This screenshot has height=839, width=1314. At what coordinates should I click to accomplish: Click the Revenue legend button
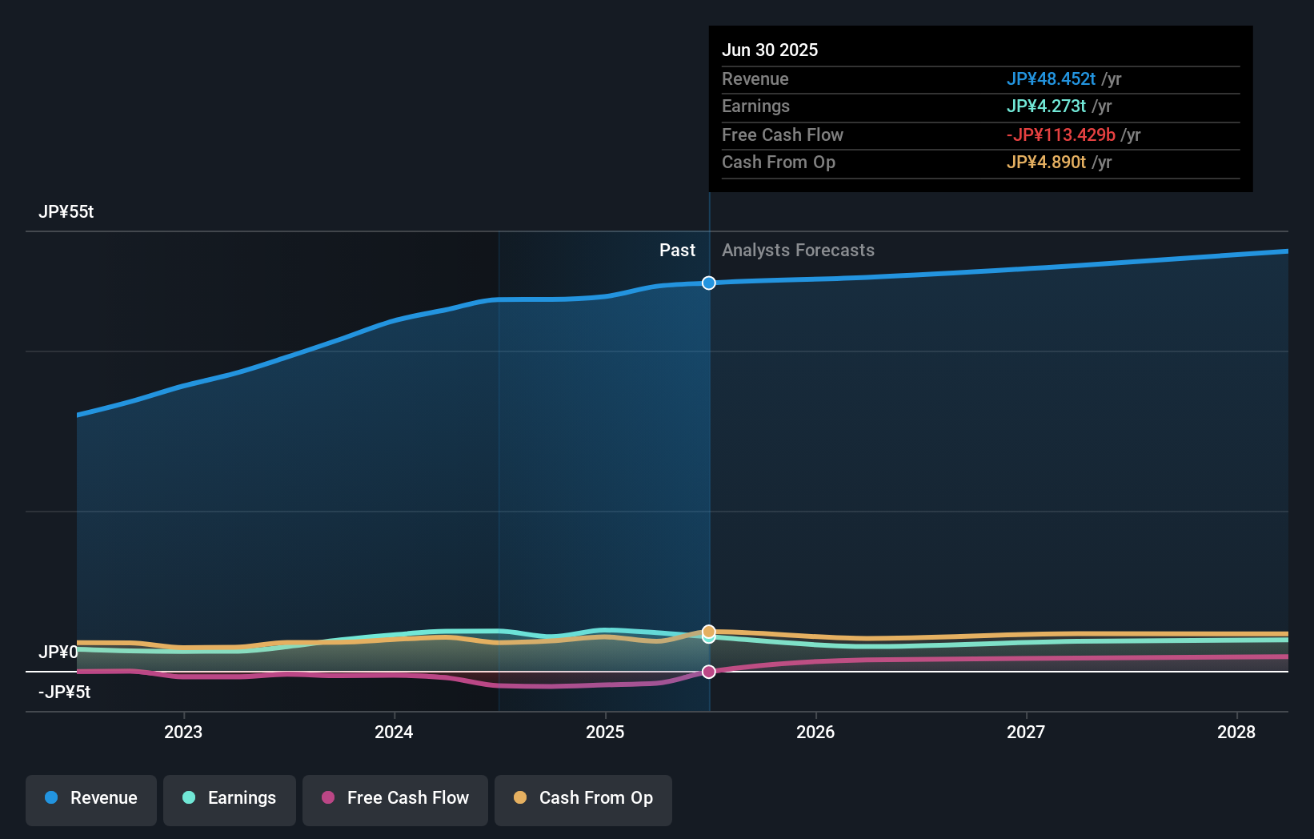(x=91, y=799)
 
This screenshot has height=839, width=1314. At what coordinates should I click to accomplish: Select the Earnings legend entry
(x=230, y=799)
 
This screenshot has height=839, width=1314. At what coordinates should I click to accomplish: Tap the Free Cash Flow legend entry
(x=395, y=799)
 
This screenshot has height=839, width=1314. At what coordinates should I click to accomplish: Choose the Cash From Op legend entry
(x=583, y=799)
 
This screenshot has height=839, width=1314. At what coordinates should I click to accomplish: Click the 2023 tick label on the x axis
(x=183, y=733)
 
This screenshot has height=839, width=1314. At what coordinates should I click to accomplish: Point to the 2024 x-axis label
(x=394, y=733)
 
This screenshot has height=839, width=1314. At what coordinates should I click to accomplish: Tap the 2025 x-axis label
(x=605, y=733)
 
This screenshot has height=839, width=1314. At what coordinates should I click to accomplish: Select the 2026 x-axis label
(x=815, y=733)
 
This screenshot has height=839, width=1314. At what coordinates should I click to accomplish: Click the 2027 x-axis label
(x=1026, y=733)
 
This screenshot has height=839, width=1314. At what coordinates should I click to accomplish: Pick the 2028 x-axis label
(x=1236, y=733)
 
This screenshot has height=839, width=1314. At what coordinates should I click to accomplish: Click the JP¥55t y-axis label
(x=66, y=212)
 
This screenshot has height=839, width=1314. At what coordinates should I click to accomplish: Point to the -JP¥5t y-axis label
(x=65, y=692)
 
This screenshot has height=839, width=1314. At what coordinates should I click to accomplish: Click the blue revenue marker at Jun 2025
(x=709, y=283)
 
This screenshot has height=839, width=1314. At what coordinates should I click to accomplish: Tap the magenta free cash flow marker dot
(x=709, y=672)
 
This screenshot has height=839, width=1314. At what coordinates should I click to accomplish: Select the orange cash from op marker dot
(x=709, y=631)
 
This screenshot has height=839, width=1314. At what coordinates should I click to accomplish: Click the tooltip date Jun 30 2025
(x=770, y=50)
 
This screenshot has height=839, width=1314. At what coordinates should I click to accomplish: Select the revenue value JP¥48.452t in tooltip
(x=1051, y=79)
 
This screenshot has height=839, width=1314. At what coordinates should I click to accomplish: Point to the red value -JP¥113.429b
(x=1060, y=135)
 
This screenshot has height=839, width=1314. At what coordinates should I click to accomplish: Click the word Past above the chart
(x=677, y=251)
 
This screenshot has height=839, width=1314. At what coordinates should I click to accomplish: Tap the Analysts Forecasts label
(x=798, y=251)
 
